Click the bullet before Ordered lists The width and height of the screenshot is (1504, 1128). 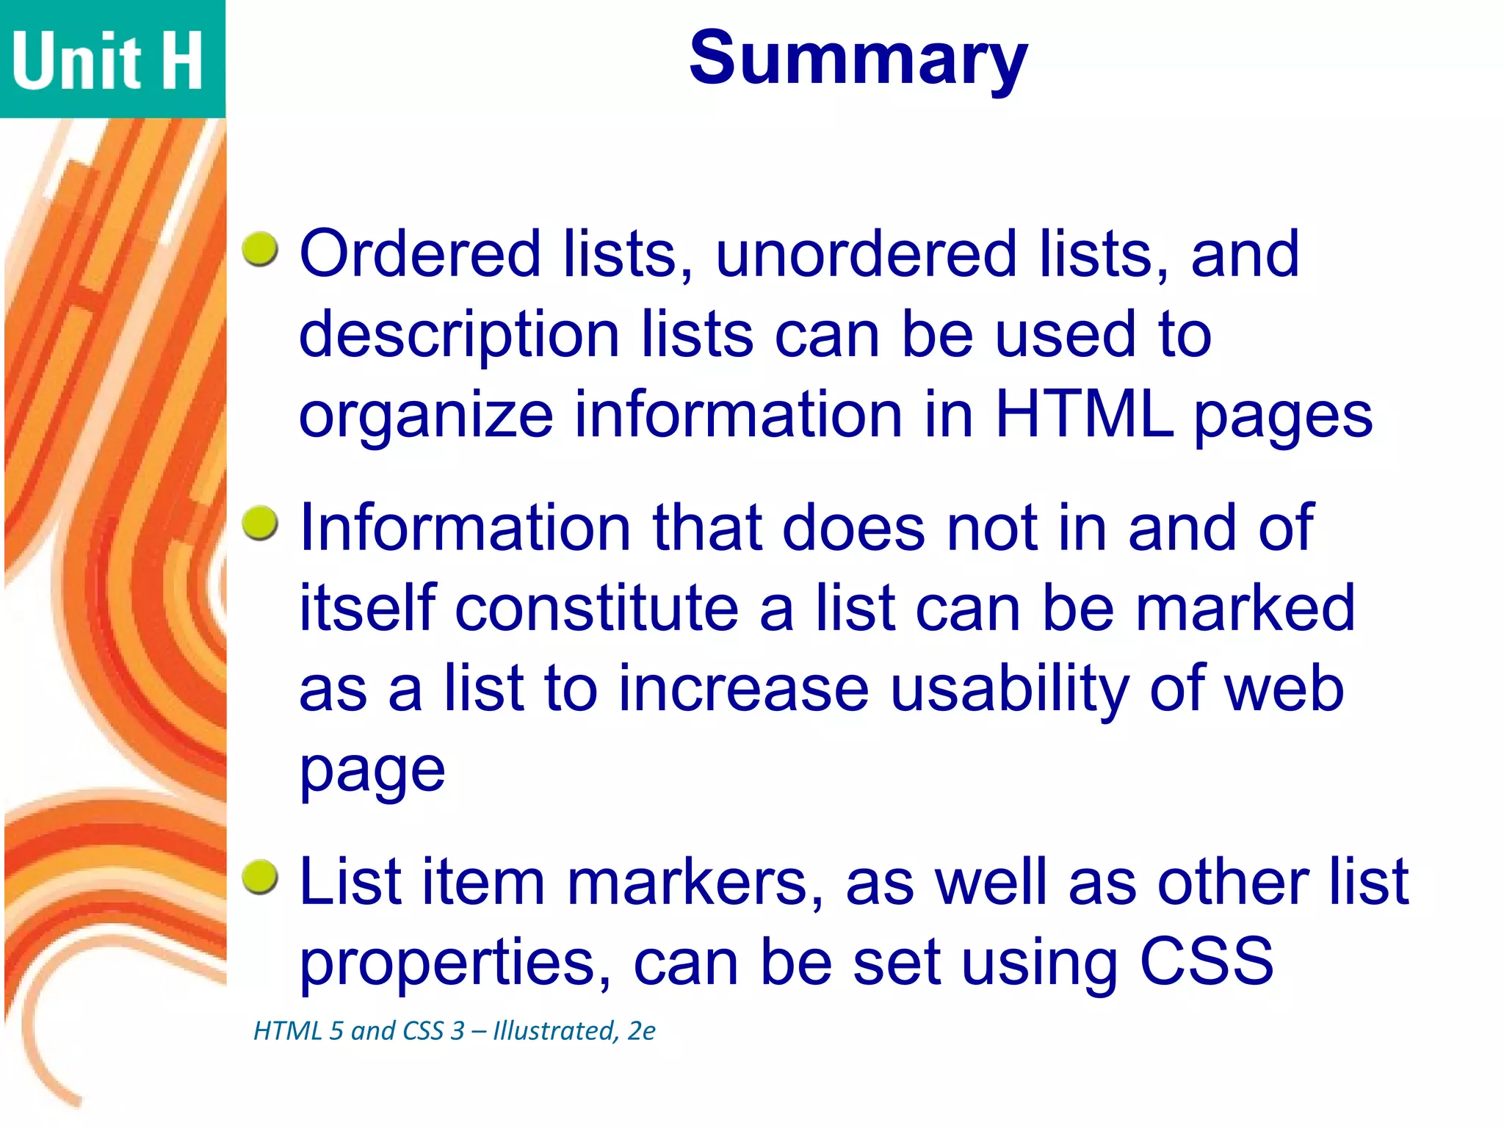(x=260, y=250)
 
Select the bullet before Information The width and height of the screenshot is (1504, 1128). (x=260, y=524)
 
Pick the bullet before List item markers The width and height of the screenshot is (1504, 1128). (x=260, y=878)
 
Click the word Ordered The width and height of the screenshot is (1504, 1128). (x=420, y=254)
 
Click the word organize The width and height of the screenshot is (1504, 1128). (x=426, y=416)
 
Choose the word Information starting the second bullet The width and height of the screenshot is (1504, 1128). (x=466, y=528)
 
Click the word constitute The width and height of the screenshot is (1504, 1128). (x=597, y=610)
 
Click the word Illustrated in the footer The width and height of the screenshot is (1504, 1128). (x=554, y=1031)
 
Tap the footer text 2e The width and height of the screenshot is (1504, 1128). (x=641, y=1031)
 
